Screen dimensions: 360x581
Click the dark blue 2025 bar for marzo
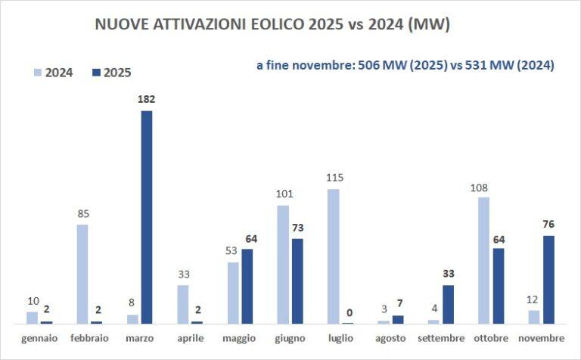(147, 217)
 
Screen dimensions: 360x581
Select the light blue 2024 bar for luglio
(333, 256)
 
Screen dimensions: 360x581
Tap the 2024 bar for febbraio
(82, 274)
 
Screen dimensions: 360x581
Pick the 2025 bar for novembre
(548, 279)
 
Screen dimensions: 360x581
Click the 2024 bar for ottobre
(483, 260)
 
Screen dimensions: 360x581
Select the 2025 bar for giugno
(297, 281)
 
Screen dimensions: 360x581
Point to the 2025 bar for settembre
(448, 304)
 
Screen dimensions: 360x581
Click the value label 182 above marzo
(147, 99)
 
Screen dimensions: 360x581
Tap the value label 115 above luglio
(334, 178)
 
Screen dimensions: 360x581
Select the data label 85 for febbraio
(82, 213)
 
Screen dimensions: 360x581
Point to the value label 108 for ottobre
(483, 186)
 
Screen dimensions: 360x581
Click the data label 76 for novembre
(548, 223)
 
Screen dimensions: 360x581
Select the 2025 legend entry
(110, 73)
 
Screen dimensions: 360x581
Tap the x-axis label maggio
(240, 337)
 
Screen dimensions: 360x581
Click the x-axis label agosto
(391, 337)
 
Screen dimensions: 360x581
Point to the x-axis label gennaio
(39, 337)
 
